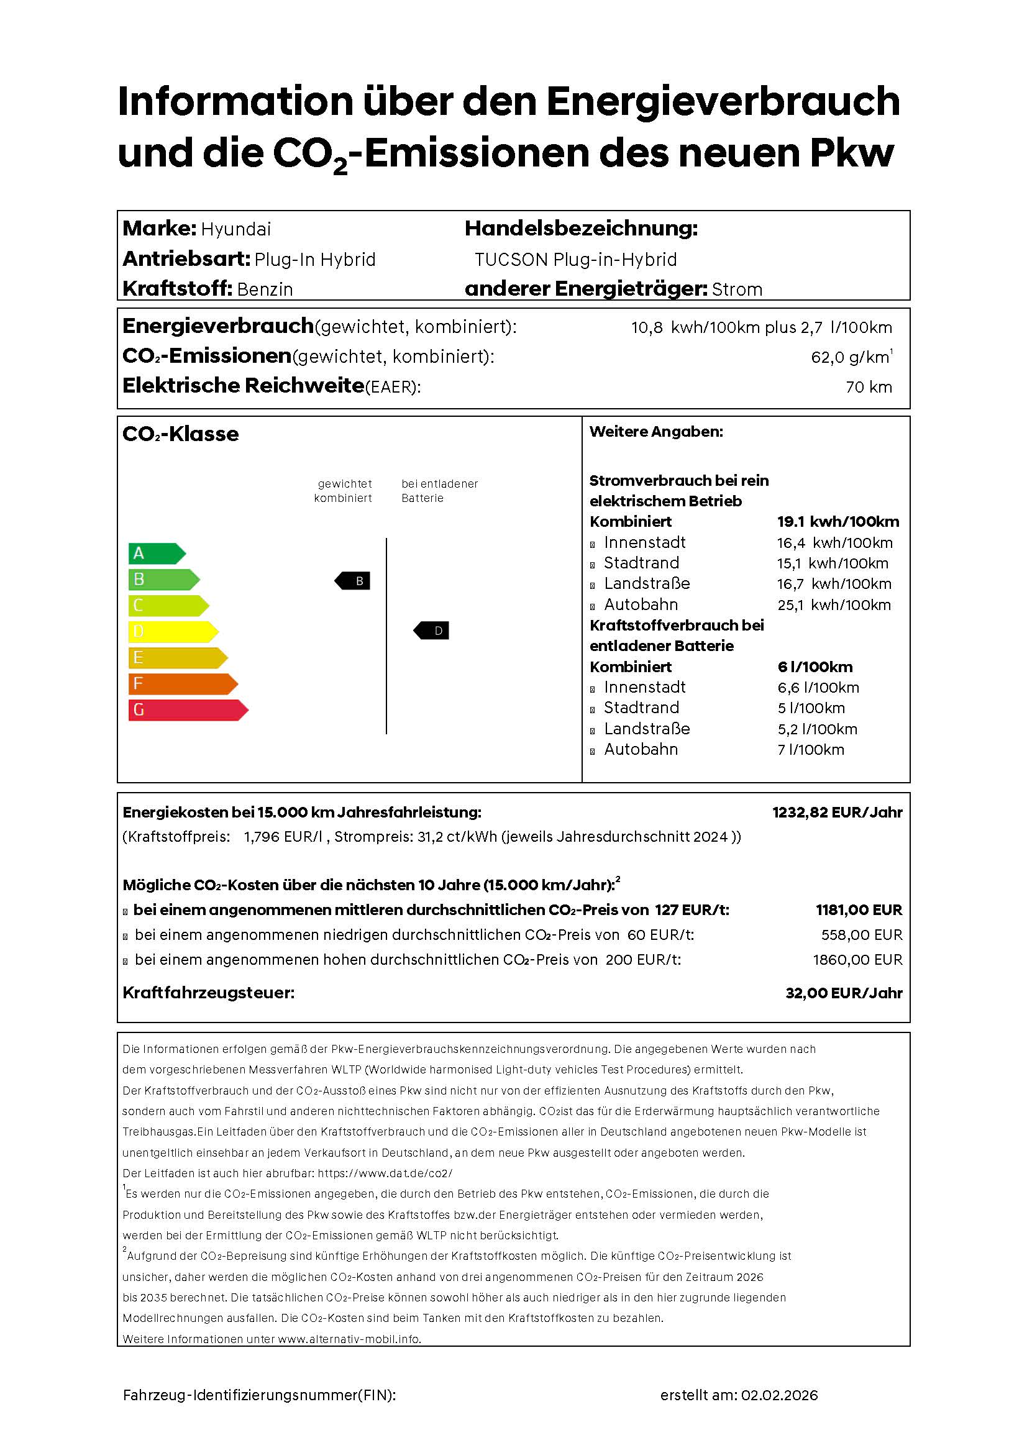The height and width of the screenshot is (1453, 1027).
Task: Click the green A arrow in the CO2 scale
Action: point(156,553)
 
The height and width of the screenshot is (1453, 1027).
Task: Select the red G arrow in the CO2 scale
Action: point(186,709)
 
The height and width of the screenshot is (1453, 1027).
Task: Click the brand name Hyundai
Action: point(235,229)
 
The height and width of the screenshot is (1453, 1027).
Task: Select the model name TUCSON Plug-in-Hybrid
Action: point(575,260)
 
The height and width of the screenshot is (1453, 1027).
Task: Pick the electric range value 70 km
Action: point(868,386)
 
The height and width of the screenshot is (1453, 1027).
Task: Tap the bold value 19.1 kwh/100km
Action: point(838,521)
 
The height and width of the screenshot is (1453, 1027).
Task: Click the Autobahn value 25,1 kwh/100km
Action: point(833,605)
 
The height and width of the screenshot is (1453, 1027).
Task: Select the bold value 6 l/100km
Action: point(815,667)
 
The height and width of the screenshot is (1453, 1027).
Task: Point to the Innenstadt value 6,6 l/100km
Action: point(818,687)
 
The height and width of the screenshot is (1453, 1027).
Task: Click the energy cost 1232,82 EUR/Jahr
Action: point(836,812)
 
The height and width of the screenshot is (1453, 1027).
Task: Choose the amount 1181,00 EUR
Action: point(858,909)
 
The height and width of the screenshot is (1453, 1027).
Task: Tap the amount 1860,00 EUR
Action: point(857,959)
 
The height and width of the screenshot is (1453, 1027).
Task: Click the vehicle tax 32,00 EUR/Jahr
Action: point(844,993)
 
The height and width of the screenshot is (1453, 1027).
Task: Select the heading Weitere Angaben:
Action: point(655,432)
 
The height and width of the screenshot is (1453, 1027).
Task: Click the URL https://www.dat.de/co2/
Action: point(385,1173)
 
